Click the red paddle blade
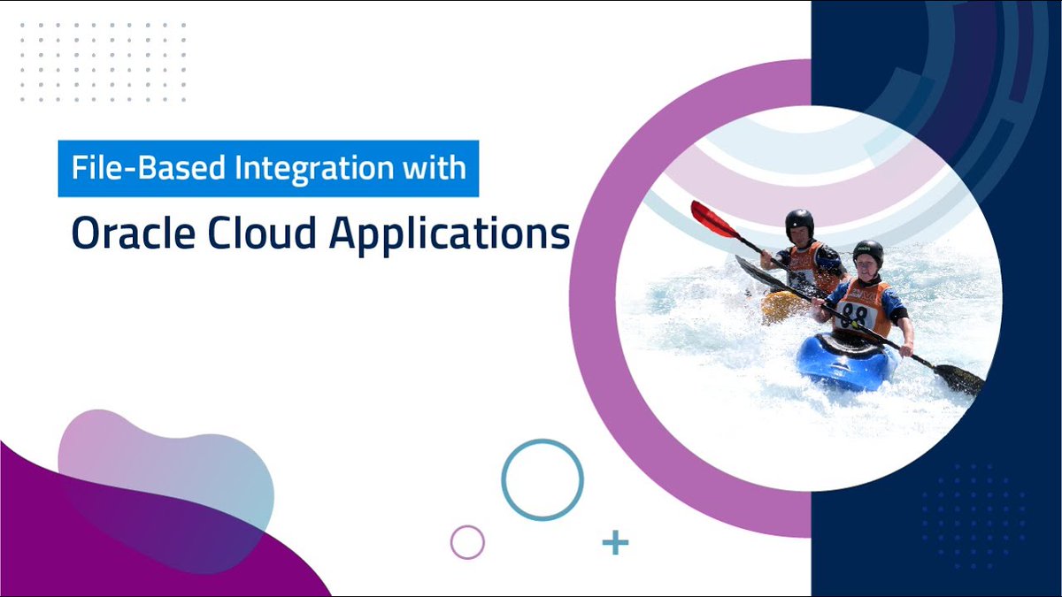tap(713, 218)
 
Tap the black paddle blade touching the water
tap(959, 379)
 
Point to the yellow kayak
tap(783, 306)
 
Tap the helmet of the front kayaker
tap(868, 252)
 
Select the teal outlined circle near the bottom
tap(543, 479)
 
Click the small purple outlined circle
tap(467, 542)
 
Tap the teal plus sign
tap(614, 542)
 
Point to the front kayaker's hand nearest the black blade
tap(907, 348)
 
